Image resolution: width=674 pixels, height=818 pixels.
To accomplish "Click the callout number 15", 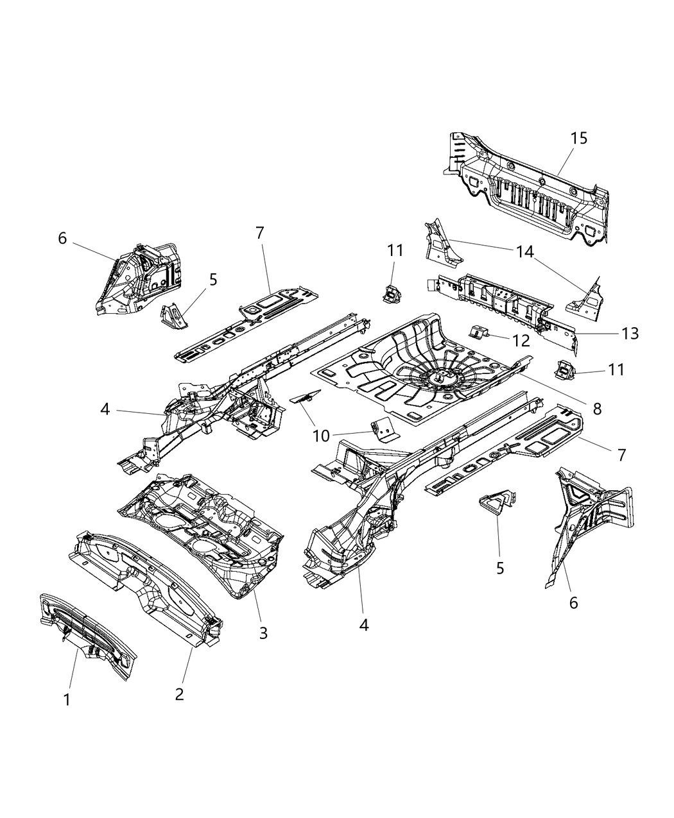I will pos(578,139).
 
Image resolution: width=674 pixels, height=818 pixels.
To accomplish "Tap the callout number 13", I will pos(630,334).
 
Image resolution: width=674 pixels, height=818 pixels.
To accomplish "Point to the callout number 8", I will pos(597,408).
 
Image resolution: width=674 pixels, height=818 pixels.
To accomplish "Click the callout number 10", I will pos(321,436).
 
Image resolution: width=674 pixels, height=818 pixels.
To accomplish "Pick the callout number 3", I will pos(263,633).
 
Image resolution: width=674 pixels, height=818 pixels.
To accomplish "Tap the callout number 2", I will pos(179,694).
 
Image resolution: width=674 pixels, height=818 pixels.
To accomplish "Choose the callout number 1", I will pos(67,701).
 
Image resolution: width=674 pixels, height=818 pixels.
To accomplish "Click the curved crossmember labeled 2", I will pos(144,577).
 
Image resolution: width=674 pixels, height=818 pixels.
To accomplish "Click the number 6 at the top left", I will pos(62,238).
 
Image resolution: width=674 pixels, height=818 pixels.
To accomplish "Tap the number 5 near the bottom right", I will pos(500,568).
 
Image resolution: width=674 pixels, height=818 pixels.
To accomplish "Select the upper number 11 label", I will pos(395,251).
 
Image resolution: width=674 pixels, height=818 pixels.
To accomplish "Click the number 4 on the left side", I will pos(106,409).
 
